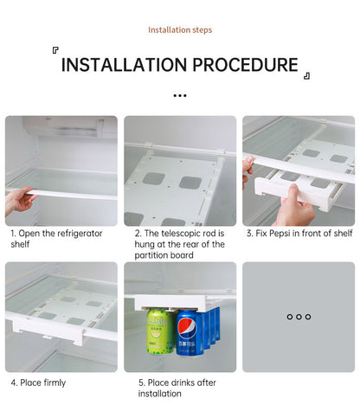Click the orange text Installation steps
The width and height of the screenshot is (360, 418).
180,30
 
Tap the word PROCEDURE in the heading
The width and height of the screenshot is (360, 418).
244,65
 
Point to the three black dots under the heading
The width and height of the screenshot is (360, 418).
180,96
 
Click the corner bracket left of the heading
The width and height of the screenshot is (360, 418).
56,51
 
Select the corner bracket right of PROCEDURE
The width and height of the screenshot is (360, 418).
305,76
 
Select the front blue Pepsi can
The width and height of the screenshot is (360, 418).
187,336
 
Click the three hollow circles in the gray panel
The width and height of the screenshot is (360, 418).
299,317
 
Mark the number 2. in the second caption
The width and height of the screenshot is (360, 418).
138,234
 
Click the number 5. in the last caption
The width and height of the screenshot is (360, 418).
142,383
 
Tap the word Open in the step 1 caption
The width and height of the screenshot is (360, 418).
29,234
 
